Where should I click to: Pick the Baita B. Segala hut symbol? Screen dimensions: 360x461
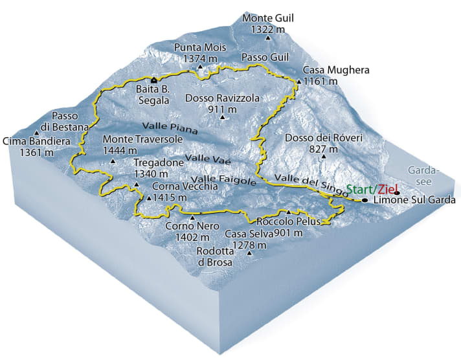point(153,80)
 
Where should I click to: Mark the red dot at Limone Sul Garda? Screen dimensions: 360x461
point(396,192)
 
